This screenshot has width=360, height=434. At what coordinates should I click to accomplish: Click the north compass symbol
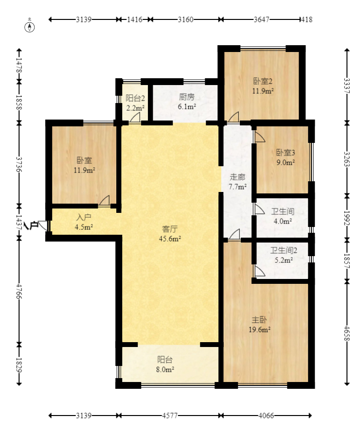30,27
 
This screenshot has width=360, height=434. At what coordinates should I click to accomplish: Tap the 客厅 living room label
170,229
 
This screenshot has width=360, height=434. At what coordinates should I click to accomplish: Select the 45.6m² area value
170,239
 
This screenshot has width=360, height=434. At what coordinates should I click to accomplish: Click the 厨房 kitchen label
187,97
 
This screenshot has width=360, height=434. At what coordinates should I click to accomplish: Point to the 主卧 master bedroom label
259,320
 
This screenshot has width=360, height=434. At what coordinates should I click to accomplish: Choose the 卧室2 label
263,81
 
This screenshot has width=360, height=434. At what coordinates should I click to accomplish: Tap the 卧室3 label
286,153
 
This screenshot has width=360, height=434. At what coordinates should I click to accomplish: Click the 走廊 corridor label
237,177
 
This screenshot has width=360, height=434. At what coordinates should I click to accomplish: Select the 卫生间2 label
284,250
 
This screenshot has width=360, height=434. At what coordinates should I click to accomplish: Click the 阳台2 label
135,98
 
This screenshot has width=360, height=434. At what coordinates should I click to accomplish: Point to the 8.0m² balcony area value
165,369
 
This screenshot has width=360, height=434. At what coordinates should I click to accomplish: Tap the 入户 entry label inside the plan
84,218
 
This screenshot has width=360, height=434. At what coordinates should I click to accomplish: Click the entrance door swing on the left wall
43,226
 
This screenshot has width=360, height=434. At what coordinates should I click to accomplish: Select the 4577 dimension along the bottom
170,416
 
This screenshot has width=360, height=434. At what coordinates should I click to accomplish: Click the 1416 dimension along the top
135,19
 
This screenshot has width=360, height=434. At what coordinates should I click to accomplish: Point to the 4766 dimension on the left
19,291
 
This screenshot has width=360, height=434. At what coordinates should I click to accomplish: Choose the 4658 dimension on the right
347,333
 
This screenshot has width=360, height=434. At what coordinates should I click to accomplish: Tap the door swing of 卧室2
234,117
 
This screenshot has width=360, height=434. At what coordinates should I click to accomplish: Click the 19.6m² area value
259,330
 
